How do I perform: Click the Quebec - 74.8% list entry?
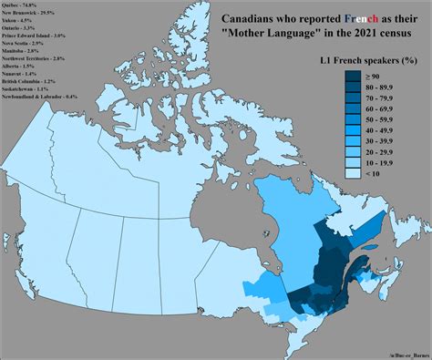pos(24,5)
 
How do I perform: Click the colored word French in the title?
pos(331,19)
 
